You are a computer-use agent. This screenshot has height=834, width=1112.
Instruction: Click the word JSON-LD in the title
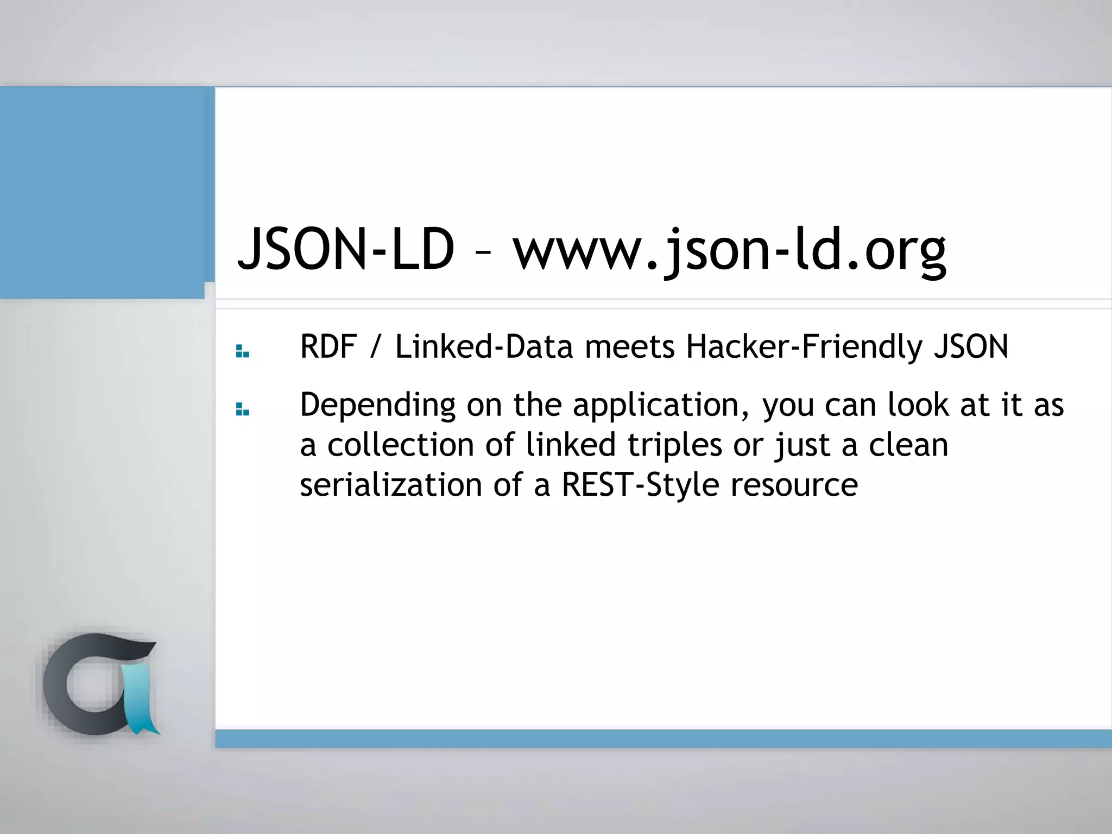point(346,250)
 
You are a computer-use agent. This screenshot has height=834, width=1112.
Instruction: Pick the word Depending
point(377,405)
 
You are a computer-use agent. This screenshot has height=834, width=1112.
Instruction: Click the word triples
point(675,445)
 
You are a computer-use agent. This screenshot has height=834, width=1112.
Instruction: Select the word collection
point(401,445)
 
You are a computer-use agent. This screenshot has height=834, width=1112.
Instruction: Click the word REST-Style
point(640,484)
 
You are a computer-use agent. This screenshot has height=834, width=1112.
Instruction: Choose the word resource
point(794,484)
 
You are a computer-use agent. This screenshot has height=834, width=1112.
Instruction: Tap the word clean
point(908,445)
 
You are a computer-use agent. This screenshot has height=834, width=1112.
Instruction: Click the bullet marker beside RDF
point(242,352)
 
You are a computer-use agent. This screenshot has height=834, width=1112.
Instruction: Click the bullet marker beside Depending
point(242,410)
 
